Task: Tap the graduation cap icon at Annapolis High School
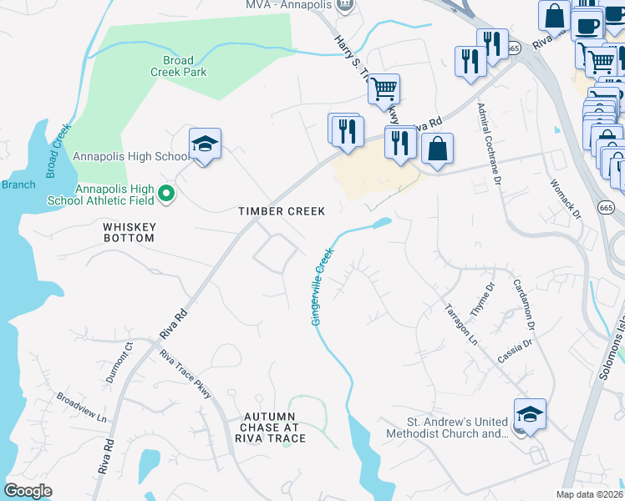[205, 145]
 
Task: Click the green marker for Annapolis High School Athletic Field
[167, 194]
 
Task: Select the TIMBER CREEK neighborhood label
[282, 211]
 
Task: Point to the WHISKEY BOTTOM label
[129, 232]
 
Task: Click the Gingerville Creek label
[322, 286]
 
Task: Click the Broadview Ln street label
[81, 407]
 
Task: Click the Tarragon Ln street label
[460, 325]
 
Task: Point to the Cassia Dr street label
[516, 347]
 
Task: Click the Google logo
[28, 491]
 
